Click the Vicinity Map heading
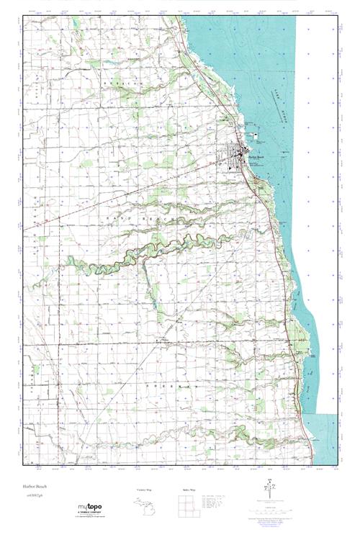[x=147, y=490]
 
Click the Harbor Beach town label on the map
[x=256, y=153]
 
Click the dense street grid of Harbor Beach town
[x=241, y=153]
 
